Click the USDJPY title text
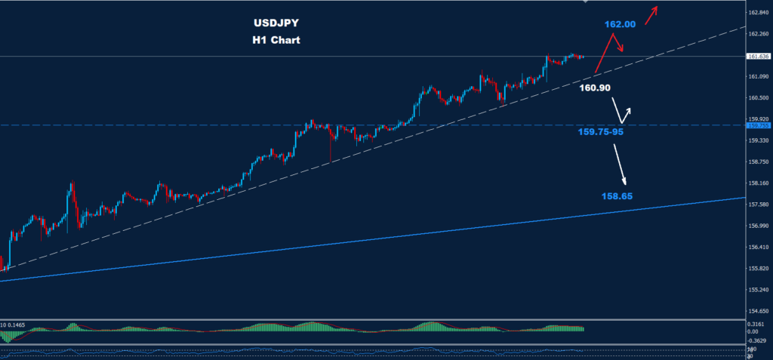[276, 23]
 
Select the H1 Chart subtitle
[276, 40]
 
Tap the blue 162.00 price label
[620, 25]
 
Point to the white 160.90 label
[595, 88]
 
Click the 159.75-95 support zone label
[601, 131]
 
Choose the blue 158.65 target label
[617, 196]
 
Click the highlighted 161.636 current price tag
[757, 57]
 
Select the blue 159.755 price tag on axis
[756, 125]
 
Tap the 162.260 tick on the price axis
[758, 34]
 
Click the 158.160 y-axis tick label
[758, 183]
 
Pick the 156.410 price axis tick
[758, 247]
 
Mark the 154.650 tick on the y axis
[758, 311]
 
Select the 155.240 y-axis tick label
[758, 290]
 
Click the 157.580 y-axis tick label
[758, 205]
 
